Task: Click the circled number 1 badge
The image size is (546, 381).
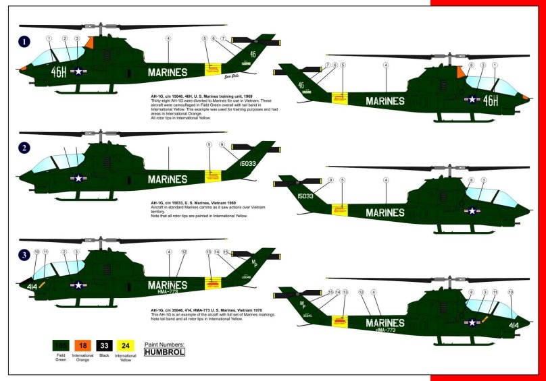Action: click(25, 42)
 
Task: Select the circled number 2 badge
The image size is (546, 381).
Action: click(25, 148)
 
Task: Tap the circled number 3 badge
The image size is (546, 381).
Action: click(25, 255)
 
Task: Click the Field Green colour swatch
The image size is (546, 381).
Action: click(61, 347)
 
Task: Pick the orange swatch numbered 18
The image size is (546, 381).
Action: click(84, 347)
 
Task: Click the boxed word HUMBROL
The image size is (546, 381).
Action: click(164, 351)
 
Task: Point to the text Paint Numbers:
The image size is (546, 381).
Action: click(164, 343)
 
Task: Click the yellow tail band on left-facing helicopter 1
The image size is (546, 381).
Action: click(214, 67)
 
